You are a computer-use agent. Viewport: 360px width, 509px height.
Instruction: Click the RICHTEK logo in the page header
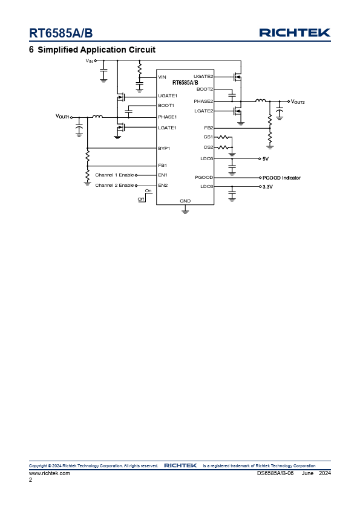[295, 33]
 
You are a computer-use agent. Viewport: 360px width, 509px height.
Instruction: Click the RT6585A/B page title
[61, 33]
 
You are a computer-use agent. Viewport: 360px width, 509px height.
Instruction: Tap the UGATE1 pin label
[168, 96]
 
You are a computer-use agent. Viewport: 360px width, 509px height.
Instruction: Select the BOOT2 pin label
[205, 89]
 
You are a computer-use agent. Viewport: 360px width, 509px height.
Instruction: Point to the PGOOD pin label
[204, 177]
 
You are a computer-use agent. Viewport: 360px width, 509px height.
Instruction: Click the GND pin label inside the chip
[185, 201]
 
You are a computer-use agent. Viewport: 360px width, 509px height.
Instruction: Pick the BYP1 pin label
[164, 148]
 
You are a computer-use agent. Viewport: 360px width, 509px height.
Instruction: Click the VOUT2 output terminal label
[298, 102]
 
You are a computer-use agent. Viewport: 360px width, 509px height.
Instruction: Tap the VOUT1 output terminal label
[63, 116]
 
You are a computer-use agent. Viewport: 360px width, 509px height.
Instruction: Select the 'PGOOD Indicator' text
[281, 178]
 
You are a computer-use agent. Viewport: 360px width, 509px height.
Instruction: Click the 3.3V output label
[267, 187]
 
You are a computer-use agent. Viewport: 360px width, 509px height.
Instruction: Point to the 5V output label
[266, 159]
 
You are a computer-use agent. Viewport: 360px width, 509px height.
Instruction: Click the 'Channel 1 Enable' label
[114, 175]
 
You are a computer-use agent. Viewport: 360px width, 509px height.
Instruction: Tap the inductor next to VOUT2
[261, 100]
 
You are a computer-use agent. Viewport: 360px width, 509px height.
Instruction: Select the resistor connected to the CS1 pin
[223, 137]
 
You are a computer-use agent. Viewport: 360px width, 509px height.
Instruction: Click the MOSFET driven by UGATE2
[238, 77]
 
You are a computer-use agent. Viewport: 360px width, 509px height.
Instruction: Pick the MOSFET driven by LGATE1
[121, 128]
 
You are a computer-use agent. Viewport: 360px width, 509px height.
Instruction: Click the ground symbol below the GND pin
[185, 212]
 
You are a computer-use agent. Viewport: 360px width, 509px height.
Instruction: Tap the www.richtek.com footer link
[50, 473]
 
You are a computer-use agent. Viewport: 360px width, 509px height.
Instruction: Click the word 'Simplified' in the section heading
[58, 50]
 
